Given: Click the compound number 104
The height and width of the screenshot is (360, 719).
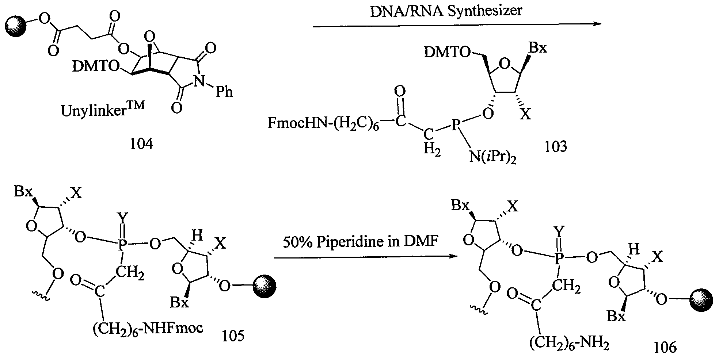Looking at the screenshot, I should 141,144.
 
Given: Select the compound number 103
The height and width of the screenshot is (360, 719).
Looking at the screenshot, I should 556,146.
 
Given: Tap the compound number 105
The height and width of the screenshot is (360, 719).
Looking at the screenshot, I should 233,335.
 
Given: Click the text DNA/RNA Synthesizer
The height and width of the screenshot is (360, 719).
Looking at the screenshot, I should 446,11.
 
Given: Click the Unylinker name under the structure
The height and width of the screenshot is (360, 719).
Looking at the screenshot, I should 103,110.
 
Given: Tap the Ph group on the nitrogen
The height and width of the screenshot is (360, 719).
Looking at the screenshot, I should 224,91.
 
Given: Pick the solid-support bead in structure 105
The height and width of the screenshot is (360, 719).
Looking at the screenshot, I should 264,286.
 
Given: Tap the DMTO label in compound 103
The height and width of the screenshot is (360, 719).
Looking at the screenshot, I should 447,53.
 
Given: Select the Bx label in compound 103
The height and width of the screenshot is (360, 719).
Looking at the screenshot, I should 538,48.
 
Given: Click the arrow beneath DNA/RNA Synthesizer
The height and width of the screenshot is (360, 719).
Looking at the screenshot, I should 457,25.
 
